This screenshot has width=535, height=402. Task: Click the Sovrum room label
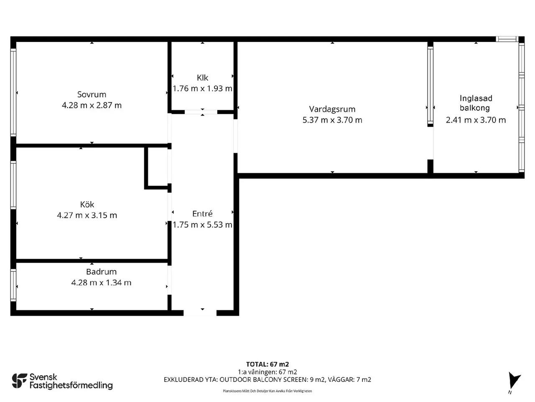point(92,95)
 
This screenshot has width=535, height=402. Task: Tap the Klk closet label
point(202,78)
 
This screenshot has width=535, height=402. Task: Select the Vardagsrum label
point(332,109)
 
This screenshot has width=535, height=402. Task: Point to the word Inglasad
point(476,98)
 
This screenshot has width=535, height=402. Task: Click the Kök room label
point(87,204)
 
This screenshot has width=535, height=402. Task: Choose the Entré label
point(202,214)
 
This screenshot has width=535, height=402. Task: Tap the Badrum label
point(102,272)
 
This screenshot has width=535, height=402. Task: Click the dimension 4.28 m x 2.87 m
point(92,105)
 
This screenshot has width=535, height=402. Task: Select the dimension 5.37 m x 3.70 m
point(332,120)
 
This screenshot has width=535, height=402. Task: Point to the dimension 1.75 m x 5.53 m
point(202,224)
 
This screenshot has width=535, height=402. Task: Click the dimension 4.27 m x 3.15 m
point(87,215)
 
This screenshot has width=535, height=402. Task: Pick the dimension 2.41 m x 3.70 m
point(476,120)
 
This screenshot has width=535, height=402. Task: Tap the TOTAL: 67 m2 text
point(267,364)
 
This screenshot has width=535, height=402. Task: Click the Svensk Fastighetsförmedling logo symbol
point(20,381)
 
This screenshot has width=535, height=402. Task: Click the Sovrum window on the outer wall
point(13,93)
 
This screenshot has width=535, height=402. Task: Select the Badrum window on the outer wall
point(13,285)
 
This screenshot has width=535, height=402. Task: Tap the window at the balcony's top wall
point(507,39)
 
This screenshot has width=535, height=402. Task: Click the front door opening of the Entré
point(200,313)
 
